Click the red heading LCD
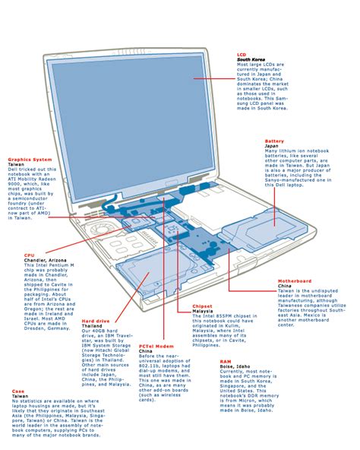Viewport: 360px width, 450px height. (242, 55)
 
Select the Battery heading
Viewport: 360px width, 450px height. (274, 141)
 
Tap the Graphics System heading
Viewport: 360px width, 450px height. (30, 159)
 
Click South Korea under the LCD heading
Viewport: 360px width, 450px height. (249, 61)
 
